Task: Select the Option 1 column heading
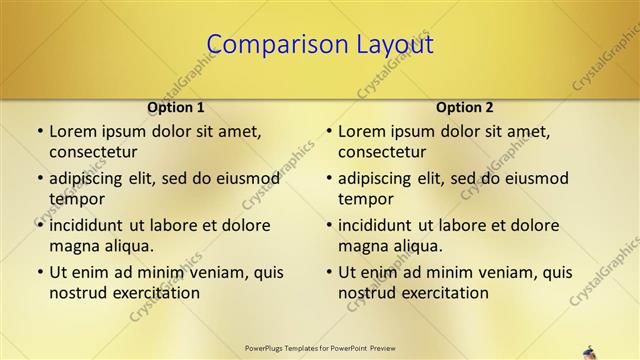[x=176, y=107]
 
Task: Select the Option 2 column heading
[x=465, y=107]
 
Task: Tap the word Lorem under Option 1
[x=72, y=131]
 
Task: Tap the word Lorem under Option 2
[x=361, y=131]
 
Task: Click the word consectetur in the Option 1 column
[x=93, y=152]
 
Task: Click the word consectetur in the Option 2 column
[x=382, y=152]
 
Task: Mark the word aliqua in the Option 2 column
[x=418, y=246]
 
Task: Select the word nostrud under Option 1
[x=78, y=293]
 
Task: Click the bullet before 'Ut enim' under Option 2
[x=329, y=272]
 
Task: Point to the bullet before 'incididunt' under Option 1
[x=40, y=225]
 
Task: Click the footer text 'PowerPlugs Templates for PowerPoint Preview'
[x=320, y=348]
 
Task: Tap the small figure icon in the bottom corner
[x=590, y=352]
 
